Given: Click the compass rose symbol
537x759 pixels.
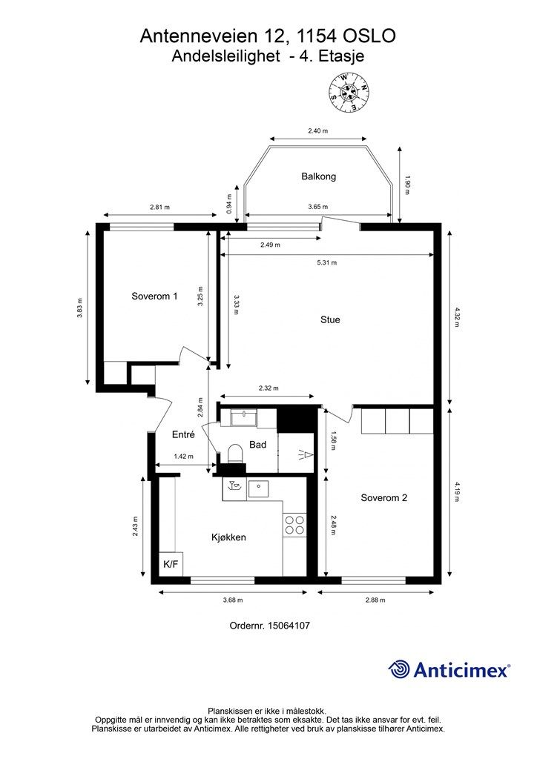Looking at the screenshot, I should click(350, 94).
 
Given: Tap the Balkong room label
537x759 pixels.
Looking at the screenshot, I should click(318, 176).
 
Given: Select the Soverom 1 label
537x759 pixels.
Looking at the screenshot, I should click(154, 296).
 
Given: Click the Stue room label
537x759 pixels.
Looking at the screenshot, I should click(330, 320).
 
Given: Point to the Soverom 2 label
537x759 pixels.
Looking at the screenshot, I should click(383, 498).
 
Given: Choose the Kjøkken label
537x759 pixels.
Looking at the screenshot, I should click(228, 537).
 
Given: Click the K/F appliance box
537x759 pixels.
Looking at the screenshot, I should click(171, 565).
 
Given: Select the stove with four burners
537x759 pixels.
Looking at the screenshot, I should click(294, 525).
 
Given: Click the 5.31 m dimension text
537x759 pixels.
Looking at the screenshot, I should click(326, 262).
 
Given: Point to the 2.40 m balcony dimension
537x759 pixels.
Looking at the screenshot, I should click(318, 131).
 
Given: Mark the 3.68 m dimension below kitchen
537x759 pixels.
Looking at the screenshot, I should click(232, 600).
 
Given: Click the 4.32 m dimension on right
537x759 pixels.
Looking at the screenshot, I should click(458, 314).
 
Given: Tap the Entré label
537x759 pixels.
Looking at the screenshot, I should click(182, 435).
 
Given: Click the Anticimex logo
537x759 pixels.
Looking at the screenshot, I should click(449, 670).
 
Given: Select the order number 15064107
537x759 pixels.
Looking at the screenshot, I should click(289, 626).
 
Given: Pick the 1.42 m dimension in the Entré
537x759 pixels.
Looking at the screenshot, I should click(183, 457).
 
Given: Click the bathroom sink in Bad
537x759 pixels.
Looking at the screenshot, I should click(243, 420).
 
